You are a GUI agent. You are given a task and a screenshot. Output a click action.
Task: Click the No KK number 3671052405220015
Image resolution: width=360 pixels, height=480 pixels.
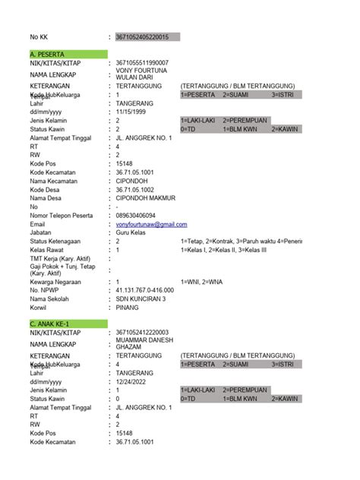click(143, 36)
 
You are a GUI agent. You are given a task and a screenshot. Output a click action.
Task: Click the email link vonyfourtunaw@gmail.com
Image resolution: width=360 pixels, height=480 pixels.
click(151, 224)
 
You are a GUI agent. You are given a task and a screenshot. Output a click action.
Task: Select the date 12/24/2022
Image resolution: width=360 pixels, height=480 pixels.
click(132, 381)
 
